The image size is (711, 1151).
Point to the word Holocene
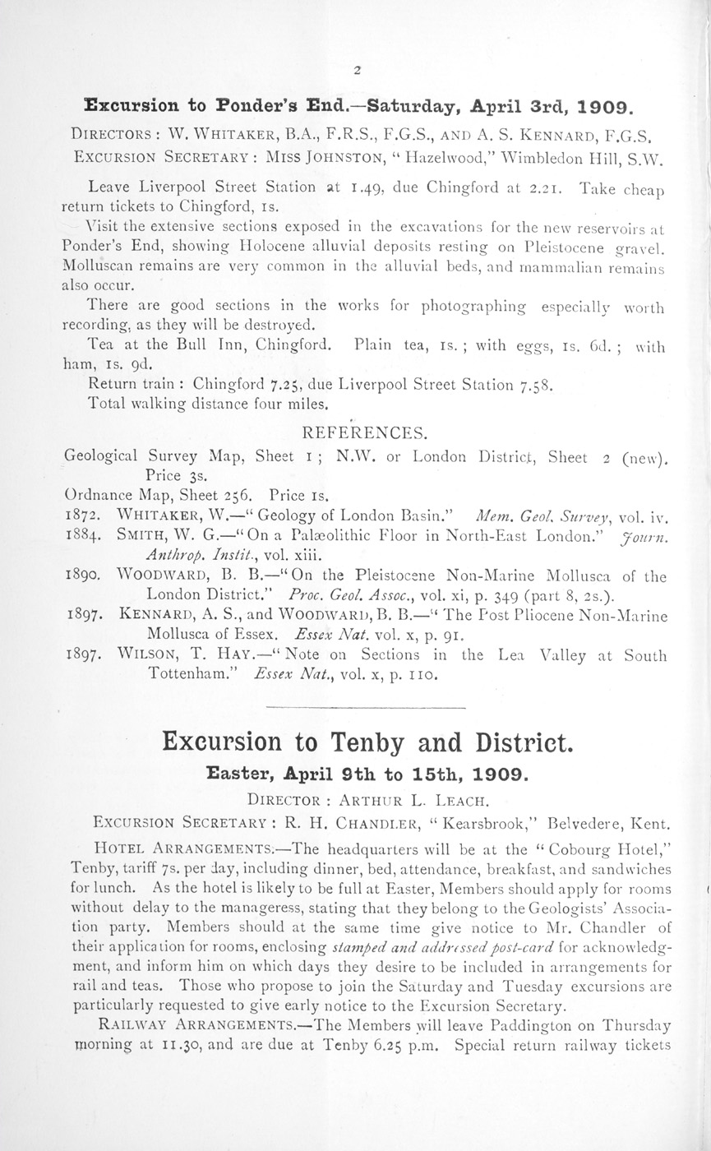270,245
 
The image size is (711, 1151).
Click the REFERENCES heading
364,433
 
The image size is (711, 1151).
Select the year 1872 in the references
81,517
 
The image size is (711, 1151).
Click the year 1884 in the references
81,536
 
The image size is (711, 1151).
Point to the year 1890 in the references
81,577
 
